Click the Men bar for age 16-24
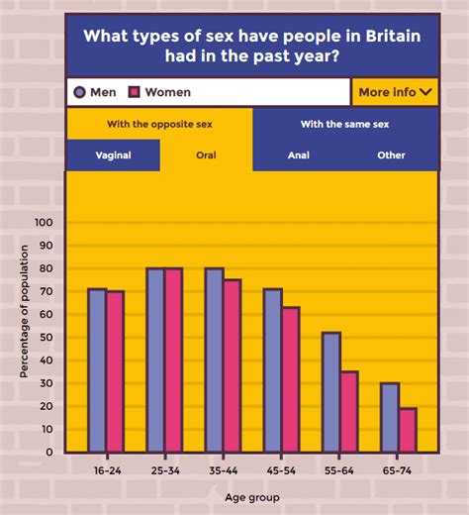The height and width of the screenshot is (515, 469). coord(97,370)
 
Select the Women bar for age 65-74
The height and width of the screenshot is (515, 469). coord(408,430)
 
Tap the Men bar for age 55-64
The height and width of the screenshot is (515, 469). coord(330,392)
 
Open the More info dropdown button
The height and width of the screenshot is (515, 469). coord(395,92)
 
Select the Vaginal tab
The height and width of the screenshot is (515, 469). coord(113,155)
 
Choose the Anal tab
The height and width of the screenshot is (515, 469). coord(298,155)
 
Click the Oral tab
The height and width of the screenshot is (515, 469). coord(206,155)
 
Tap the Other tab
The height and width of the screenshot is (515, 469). coord(391,155)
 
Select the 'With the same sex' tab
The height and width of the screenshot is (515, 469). coord(344,124)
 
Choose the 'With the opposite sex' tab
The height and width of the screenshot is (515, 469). coord(159,124)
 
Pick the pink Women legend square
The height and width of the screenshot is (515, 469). coord(135,92)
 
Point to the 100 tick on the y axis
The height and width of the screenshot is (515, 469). coord(43,223)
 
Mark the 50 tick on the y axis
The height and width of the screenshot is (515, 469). coord(46,337)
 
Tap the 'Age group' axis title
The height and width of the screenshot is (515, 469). coord(250,497)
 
